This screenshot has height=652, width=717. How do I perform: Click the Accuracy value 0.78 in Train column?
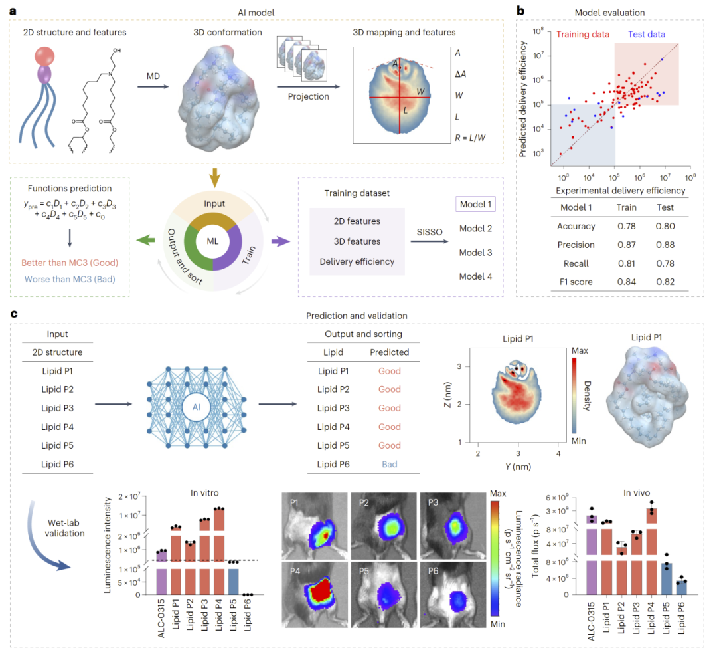pyautogui.click(x=623, y=226)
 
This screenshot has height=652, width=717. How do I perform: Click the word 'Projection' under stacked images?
pyautogui.click(x=308, y=96)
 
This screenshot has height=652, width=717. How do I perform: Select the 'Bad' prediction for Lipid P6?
pyautogui.click(x=390, y=464)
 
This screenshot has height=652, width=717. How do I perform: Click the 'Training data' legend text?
pyautogui.click(x=584, y=34)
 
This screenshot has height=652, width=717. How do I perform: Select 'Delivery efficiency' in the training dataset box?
pyautogui.click(x=357, y=261)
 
